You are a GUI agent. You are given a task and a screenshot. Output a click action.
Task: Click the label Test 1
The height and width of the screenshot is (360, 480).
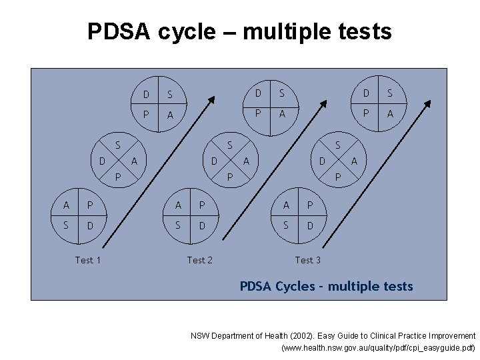click(x=87, y=260)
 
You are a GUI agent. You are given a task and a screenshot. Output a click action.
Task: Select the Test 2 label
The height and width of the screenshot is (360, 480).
click(x=199, y=260)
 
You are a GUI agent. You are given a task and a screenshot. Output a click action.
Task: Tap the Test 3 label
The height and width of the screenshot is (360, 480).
click(x=307, y=260)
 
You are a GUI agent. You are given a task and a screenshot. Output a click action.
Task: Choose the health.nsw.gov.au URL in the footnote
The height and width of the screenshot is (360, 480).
click(x=379, y=348)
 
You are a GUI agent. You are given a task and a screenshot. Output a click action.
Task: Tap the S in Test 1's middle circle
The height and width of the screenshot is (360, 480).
click(x=117, y=145)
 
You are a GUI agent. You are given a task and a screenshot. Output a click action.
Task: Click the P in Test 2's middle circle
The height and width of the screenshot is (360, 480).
click(x=229, y=177)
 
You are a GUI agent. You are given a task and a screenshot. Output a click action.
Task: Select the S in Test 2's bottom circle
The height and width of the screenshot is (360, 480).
click(x=178, y=225)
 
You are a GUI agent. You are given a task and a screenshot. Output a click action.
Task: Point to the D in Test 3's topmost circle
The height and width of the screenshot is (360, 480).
click(x=366, y=92)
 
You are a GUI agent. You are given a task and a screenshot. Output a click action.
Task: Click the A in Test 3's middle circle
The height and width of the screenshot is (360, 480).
click(x=354, y=161)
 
